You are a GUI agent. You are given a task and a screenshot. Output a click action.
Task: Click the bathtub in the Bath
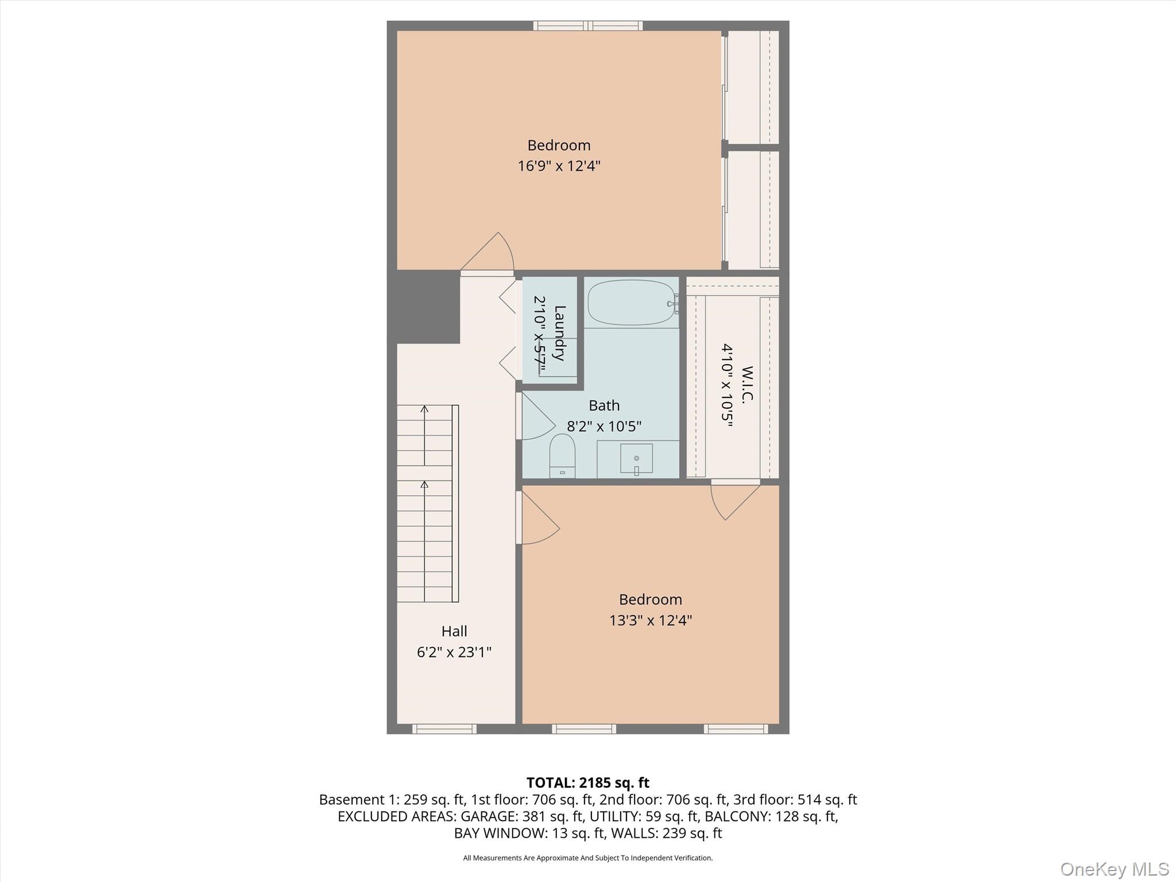631,303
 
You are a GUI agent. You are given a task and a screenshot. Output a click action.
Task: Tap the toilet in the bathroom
562,455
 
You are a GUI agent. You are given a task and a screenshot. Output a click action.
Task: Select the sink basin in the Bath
636,458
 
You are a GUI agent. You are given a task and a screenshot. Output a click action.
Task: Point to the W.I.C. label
746,385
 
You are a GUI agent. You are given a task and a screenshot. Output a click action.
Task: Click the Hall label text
454,631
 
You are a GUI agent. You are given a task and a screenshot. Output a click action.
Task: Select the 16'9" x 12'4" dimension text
559,166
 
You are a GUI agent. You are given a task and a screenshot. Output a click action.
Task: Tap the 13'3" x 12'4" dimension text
650,620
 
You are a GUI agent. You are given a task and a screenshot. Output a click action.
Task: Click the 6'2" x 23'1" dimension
454,652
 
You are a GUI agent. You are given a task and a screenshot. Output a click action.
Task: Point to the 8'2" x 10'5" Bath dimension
604,427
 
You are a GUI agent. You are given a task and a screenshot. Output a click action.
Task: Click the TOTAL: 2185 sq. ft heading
587,783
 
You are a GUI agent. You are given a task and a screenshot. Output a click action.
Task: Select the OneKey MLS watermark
1114,869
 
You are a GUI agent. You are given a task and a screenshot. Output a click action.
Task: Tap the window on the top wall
587,25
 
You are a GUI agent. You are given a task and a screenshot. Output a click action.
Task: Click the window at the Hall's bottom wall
444,729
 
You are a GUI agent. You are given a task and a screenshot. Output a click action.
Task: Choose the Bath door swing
537,418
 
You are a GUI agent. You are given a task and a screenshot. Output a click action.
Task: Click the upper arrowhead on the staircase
424,409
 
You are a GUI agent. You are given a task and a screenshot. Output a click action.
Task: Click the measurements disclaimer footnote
587,858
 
